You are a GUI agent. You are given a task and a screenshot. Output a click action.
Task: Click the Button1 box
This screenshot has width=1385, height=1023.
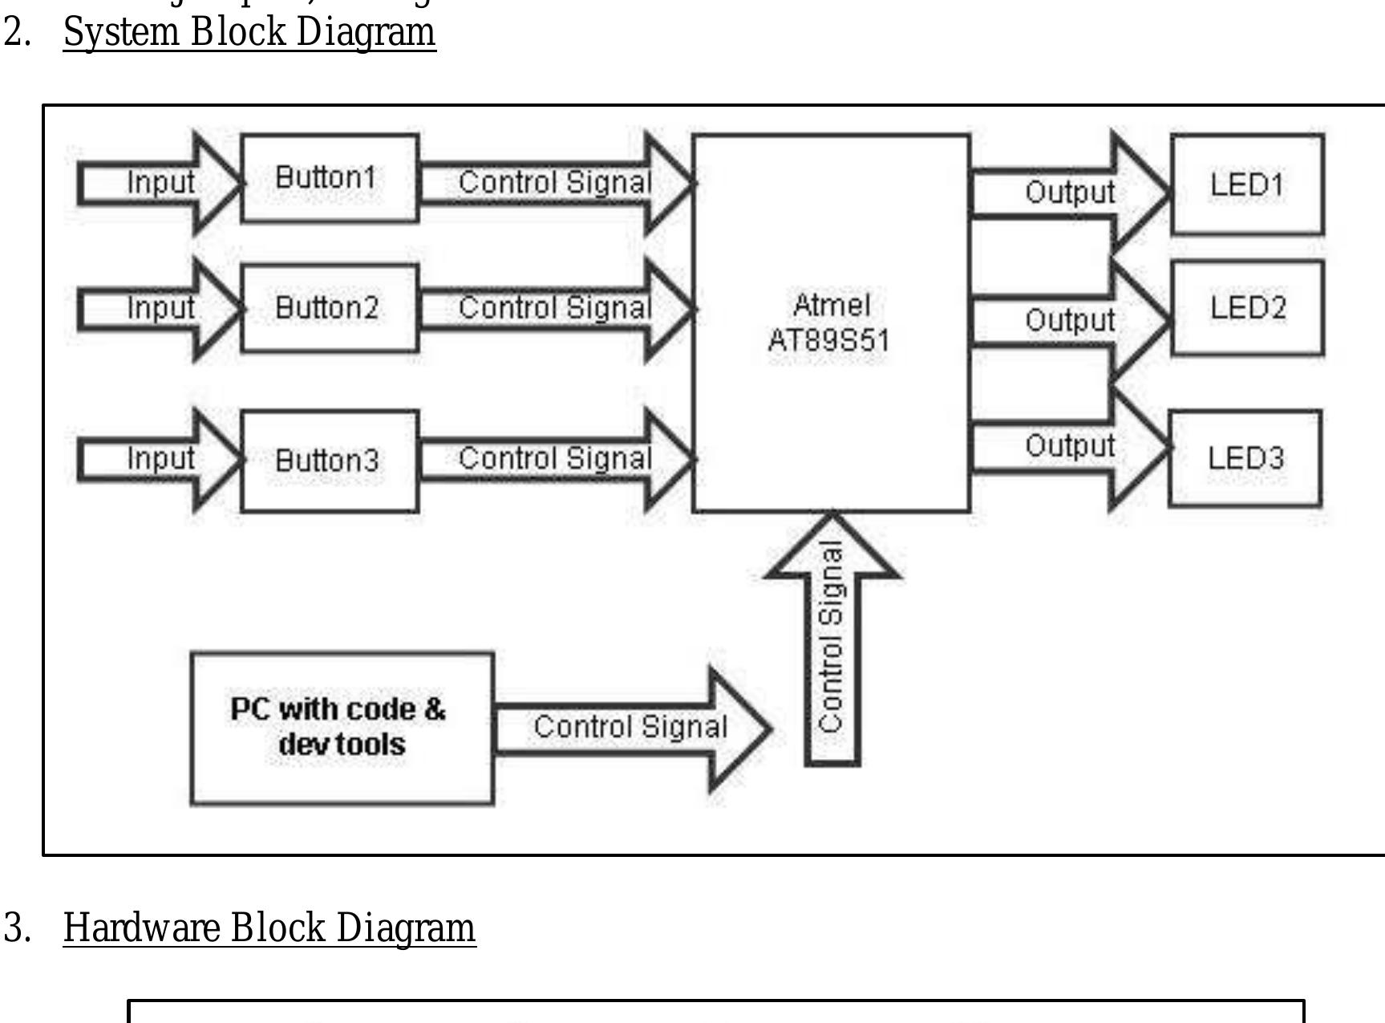pos(329,178)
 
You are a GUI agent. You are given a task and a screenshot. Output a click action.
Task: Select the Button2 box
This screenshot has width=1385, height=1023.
pos(329,308)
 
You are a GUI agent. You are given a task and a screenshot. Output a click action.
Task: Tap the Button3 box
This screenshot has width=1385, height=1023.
pos(329,461)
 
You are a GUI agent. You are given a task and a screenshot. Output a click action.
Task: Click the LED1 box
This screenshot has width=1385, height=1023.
pos(1247,185)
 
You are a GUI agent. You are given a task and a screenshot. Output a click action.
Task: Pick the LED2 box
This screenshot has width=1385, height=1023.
pos(1247,308)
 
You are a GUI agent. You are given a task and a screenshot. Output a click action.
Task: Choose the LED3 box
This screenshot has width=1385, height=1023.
pos(1245,458)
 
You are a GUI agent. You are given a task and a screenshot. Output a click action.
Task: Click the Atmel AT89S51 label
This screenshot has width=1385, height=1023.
pos(830,323)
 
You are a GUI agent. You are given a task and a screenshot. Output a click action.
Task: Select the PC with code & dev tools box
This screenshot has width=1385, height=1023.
pos(342,728)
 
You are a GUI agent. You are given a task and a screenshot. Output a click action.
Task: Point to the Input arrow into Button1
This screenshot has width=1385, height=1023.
pos(160,183)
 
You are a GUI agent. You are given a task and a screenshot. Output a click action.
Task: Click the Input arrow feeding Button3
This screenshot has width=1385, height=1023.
pos(160,459)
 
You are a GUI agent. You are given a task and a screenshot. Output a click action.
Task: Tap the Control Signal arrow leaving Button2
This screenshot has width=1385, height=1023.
pos(553,308)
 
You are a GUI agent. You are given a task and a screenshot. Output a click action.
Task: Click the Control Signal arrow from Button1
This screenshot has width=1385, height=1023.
pos(553,183)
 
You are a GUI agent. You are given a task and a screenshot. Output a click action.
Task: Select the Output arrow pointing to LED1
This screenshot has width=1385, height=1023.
pos(1069,193)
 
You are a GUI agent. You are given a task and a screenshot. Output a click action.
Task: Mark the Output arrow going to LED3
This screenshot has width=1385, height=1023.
pos(1069,446)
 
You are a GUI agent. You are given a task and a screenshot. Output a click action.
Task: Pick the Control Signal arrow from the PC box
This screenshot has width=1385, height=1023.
pos(630,728)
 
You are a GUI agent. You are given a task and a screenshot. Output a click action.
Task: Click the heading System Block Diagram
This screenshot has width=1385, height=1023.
pos(249,33)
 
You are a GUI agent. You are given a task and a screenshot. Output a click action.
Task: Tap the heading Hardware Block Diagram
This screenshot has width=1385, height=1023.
pos(269,928)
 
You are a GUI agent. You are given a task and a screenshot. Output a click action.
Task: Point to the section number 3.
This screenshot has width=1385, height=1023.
pos(17,928)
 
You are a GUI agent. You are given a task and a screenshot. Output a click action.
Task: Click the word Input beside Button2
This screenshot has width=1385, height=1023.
pos(160,308)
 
